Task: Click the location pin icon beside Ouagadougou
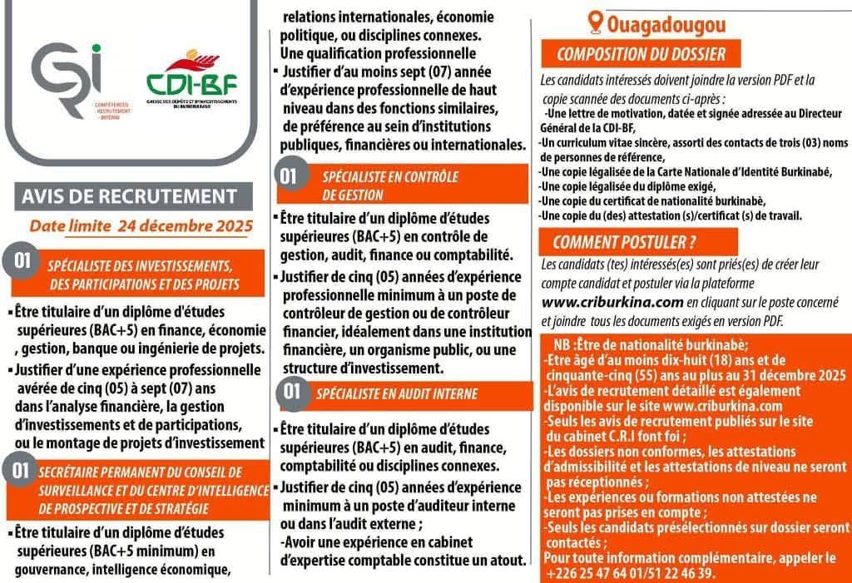595,22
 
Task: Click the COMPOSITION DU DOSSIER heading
641,56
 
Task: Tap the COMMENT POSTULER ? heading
624,243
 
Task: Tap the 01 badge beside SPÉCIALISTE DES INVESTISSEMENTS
22,261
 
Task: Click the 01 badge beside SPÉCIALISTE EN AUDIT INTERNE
292,390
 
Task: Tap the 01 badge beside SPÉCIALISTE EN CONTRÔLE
288,175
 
